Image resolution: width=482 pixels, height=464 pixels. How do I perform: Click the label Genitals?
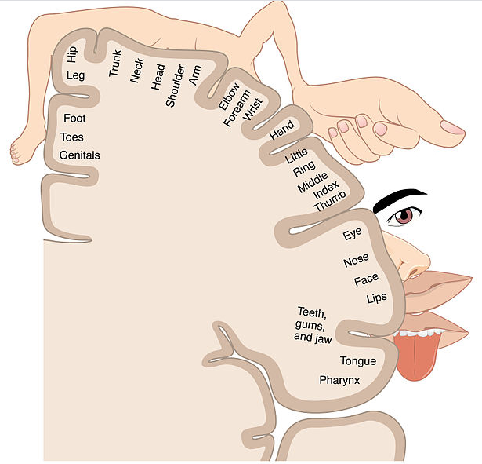pyautogui.click(x=80, y=155)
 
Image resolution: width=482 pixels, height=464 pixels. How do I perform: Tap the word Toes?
pyautogui.click(x=72, y=137)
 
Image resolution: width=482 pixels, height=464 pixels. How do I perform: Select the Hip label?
pyautogui.click(x=73, y=54)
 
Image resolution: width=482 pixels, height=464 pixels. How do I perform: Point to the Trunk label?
pyautogui.click(x=115, y=63)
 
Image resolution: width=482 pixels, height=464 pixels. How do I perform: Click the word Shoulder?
pyautogui.click(x=176, y=86)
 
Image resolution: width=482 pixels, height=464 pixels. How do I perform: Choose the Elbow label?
pyautogui.click(x=229, y=96)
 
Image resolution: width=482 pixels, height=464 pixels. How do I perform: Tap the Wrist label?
pyautogui.click(x=252, y=109)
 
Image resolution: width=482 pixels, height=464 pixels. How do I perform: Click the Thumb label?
pyautogui.click(x=330, y=201)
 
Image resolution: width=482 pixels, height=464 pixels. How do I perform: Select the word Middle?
pyautogui.click(x=313, y=182)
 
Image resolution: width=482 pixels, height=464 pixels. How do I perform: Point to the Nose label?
pyautogui.click(x=356, y=260)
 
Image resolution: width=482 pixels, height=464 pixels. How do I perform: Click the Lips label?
pyautogui.click(x=376, y=298)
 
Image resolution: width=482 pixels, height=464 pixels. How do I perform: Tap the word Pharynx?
pyautogui.click(x=339, y=381)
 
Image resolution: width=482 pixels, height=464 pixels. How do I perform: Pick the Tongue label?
pyautogui.click(x=358, y=361)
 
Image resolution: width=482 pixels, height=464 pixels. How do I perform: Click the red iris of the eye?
pyautogui.click(x=404, y=217)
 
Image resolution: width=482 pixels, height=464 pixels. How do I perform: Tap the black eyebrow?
pyautogui.click(x=400, y=199)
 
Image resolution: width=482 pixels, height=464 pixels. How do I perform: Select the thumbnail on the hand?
pyautogui.click(x=452, y=127)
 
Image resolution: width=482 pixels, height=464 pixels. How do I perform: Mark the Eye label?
pyautogui.click(x=352, y=234)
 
